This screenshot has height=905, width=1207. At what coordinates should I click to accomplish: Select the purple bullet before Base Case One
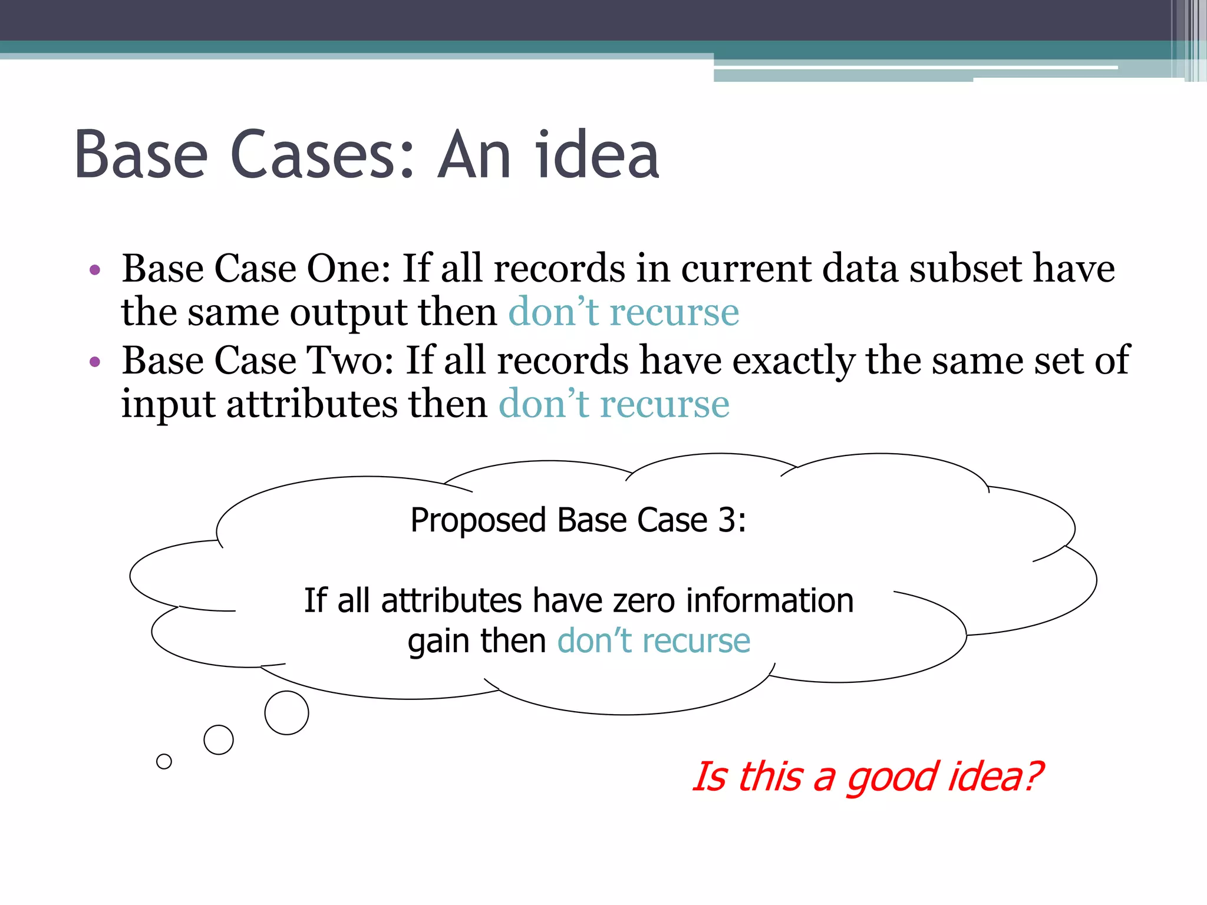click(x=95, y=270)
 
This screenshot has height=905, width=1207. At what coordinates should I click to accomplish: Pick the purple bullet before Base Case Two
click(x=95, y=361)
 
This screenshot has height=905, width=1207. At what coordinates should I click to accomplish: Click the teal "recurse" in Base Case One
click(x=674, y=312)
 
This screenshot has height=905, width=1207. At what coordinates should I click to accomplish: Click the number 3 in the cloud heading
click(x=726, y=520)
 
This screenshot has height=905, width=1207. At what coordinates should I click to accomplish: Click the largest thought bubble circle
click(x=286, y=713)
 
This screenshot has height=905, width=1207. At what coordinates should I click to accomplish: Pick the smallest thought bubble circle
click(x=164, y=762)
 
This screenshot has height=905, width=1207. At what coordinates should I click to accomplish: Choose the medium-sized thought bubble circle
click(x=219, y=740)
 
